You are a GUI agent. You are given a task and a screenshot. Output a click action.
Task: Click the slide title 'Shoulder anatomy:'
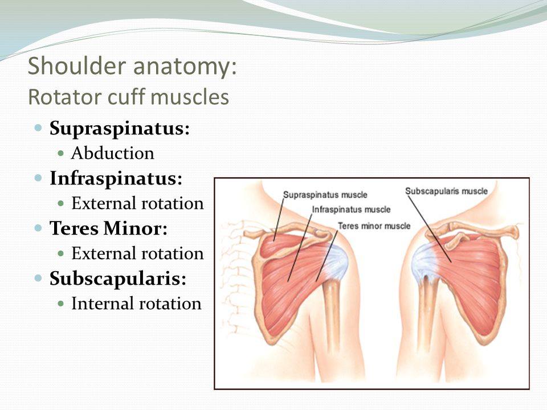[132, 66]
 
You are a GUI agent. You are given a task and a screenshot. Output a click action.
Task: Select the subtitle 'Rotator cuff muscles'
[128, 97]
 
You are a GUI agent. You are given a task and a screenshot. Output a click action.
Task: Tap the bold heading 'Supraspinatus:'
[120, 129]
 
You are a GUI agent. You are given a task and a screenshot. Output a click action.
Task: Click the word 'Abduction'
[113, 153]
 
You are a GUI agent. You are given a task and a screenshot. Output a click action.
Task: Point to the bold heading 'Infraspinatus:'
[116, 178]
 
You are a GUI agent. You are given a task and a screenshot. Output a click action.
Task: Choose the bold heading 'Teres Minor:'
[108, 228]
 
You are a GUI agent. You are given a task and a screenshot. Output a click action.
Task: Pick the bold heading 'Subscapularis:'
[118, 278]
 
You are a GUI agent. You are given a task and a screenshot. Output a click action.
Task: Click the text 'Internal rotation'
[136, 304]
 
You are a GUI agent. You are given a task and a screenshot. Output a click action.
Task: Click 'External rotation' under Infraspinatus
[137, 203]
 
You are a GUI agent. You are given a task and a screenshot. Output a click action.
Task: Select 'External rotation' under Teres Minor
[137, 253]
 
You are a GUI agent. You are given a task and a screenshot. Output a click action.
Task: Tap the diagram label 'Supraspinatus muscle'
[325, 195]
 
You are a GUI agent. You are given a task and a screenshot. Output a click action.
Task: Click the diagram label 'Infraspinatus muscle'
[351, 210]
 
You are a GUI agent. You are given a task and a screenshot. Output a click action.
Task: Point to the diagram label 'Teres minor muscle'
[374, 226]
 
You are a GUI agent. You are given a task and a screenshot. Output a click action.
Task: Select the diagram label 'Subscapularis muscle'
[446, 191]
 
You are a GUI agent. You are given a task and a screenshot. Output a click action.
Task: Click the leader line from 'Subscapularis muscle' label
[430, 229]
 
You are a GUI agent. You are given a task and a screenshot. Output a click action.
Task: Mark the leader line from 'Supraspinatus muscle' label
[279, 220]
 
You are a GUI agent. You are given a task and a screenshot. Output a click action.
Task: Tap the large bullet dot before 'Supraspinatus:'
[38, 128]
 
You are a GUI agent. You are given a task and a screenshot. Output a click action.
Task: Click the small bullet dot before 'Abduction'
[61, 153]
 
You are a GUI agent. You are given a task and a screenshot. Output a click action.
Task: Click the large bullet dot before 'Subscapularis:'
[38, 278]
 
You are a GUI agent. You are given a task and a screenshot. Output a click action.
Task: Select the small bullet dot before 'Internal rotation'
[61, 304]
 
